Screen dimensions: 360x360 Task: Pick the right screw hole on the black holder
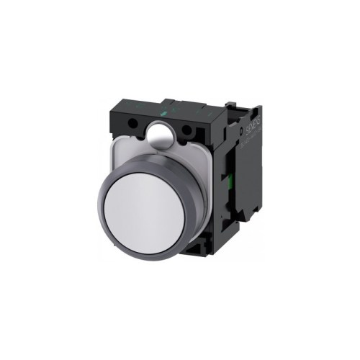coord(192,132)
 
